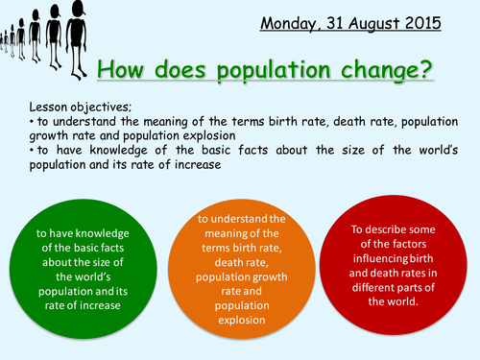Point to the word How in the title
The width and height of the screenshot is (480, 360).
[121, 69]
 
